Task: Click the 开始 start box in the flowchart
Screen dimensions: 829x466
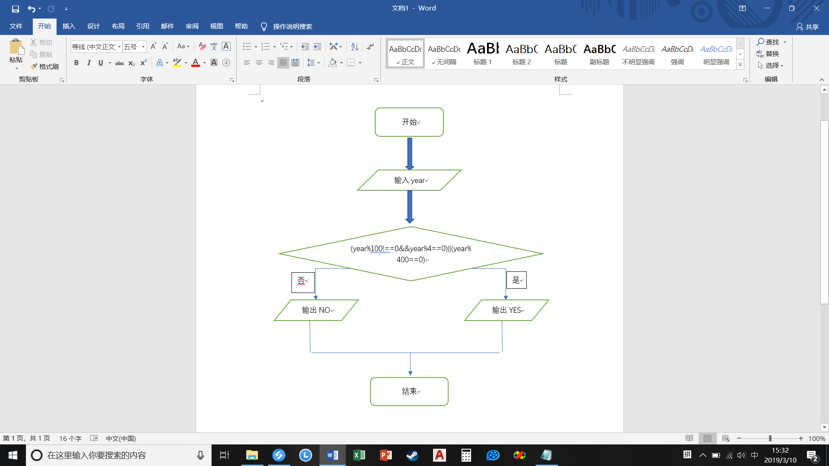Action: coord(409,122)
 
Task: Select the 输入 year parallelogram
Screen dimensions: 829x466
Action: coord(409,180)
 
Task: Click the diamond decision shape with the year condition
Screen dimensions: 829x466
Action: coord(411,254)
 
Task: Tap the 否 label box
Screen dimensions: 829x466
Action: coord(303,282)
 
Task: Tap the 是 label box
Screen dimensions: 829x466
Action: coord(516,280)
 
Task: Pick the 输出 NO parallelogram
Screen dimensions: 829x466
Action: coord(316,310)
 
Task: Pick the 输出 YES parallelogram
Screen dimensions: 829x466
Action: coord(506,310)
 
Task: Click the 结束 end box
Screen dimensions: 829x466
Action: coord(409,391)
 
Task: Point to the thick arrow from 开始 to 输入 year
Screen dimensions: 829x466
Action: coord(410,154)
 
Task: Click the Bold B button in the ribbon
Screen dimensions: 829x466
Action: coord(76,63)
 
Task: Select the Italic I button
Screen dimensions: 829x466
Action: coord(89,63)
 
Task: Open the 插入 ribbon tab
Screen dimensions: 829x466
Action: coord(69,26)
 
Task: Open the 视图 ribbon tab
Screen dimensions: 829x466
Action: coord(217,26)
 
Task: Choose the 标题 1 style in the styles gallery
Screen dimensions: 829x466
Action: coord(483,54)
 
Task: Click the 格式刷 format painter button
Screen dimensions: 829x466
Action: coord(44,66)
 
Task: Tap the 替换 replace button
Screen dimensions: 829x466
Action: coord(768,54)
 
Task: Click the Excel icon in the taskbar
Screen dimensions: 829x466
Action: coord(359,455)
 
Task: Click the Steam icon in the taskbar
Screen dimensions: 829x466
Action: coord(412,455)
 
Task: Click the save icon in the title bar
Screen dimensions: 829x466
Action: coord(16,9)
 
